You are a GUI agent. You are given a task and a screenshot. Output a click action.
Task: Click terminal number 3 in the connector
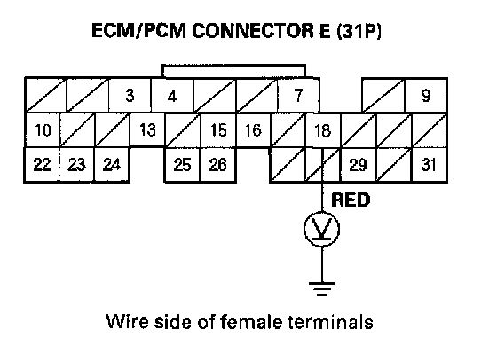tap(130, 95)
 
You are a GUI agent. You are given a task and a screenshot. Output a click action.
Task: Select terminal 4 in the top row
tap(172, 95)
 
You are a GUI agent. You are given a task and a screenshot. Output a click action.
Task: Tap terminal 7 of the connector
tap(298, 95)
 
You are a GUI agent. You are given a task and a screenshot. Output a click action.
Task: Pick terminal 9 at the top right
tap(426, 95)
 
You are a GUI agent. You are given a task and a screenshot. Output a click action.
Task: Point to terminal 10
tap(43, 130)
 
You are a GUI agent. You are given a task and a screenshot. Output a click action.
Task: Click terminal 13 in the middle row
tap(147, 130)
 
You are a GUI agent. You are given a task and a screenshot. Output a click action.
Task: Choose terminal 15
tap(218, 130)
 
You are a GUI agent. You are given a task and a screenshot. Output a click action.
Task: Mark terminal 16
tap(253, 130)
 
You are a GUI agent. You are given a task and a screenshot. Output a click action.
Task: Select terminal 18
tap(323, 130)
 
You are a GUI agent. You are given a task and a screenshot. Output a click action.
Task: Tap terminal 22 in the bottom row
tap(43, 165)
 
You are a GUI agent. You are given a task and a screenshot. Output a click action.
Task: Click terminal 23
tap(76, 165)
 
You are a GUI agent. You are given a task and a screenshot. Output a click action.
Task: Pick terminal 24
tap(112, 165)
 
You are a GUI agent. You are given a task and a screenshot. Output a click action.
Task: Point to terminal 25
tap(182, 165)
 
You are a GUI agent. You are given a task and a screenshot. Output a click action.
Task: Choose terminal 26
tap(218, 165)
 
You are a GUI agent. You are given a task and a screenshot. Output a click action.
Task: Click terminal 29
tap(359, 165)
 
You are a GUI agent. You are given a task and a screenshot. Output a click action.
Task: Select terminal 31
tap(430, 165)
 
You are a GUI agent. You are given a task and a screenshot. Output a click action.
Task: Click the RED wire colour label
tap(351, 200)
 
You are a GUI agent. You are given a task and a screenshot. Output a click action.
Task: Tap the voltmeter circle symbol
tap(322, 212)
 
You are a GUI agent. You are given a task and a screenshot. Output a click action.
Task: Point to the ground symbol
tap(321, 288)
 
